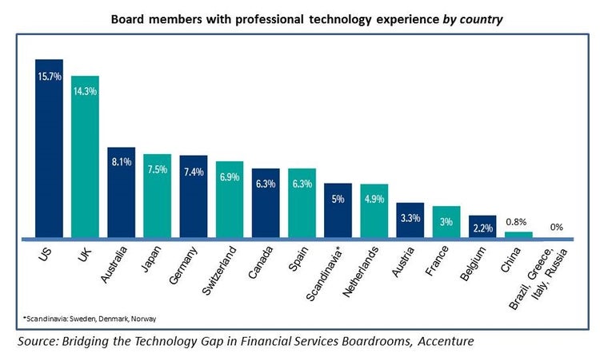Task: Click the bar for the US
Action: tap(49, 152)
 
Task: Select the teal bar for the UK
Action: tap(85, 160)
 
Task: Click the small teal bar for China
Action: tap(518, 235)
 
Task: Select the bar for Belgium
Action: tap(482, 228)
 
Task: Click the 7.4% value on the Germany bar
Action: tap(194, 172)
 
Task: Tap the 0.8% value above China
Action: tap(518, 221)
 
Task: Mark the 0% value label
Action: tap(555, 228)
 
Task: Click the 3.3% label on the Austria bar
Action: tap(410, 217)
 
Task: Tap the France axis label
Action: tap(442, 264)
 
